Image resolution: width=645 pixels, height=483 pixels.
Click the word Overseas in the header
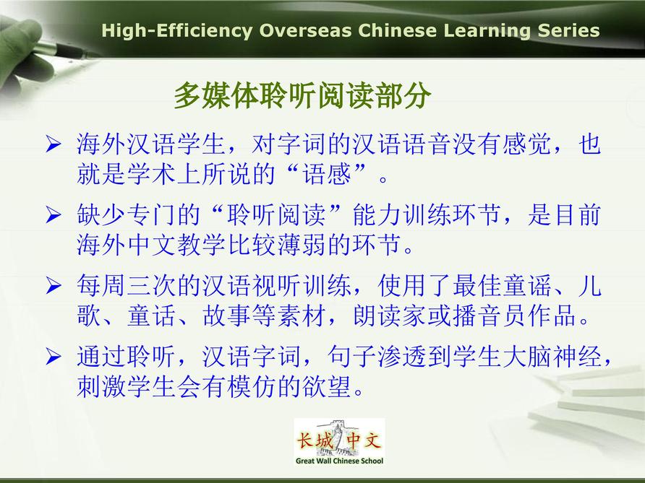pos(305,31)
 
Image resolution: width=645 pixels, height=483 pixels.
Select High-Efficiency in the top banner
pos(176,32)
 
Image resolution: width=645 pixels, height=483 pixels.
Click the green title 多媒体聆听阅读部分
pos(302,95)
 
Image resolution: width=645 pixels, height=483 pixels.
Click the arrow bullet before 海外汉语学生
pos(54,144)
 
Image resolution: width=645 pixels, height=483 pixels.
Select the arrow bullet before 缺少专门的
pos(54,214)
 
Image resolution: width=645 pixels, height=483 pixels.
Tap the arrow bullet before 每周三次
pos(54,285)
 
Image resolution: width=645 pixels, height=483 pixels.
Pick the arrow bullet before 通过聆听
pos(54,356)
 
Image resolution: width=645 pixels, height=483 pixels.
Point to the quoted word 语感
pos(327,174)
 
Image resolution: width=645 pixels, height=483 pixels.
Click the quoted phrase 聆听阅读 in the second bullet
pos(277,214)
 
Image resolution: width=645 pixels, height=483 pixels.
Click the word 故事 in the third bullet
pos(226,316)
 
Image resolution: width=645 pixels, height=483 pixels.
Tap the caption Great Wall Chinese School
pos(339,461)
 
